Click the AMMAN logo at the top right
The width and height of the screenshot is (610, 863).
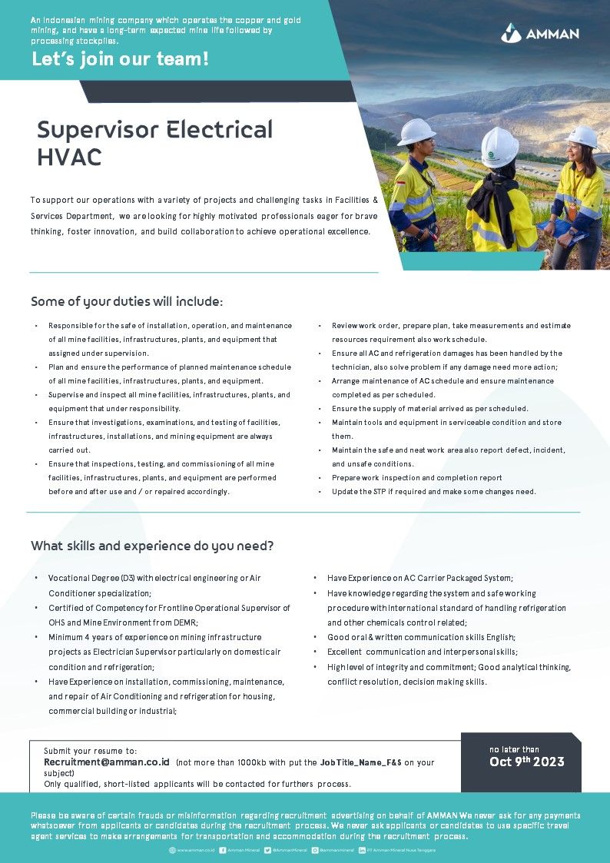coord(540,33)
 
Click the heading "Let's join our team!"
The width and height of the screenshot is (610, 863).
coord(120,59)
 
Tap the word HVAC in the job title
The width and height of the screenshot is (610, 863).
coord(69,157)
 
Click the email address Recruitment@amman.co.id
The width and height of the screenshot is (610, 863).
coord(107,762)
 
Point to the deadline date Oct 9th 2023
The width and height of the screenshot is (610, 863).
coord(527,762)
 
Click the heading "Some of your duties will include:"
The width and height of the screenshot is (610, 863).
coord(127,301)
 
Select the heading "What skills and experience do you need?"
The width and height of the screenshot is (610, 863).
coord(152,546)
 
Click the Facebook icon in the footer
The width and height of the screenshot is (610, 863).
coord(222,850)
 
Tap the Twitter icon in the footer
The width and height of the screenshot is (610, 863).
coord(268,850)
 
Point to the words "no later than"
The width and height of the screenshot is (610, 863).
coord(514,749)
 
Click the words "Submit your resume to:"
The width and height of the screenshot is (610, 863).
coord(91,750)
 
